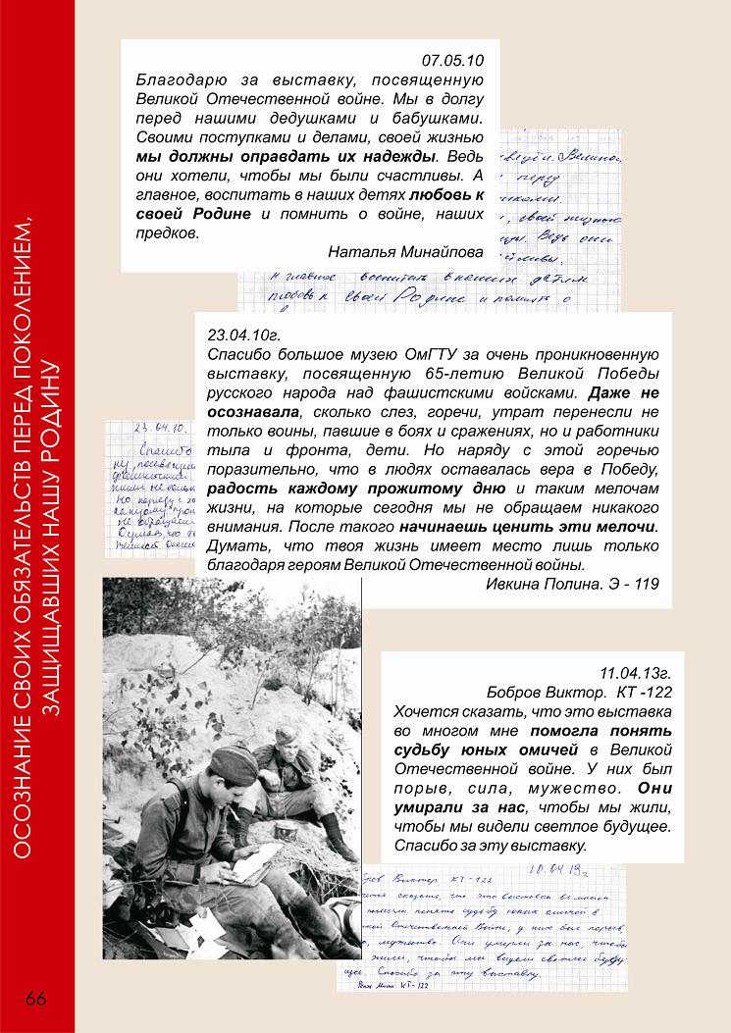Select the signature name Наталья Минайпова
pos(406,250)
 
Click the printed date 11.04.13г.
pos(635,674)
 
